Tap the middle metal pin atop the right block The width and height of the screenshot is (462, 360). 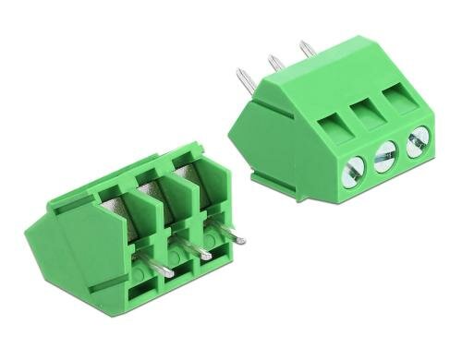(x=275, y=64)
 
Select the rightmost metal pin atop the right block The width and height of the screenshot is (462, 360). (x=306, y=49)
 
